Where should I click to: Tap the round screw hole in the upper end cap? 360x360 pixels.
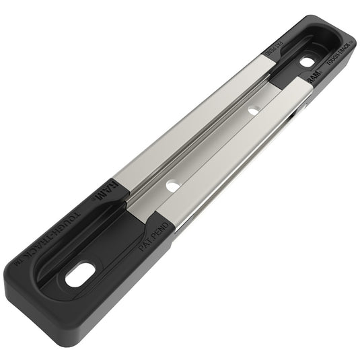[x=307, y=61]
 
